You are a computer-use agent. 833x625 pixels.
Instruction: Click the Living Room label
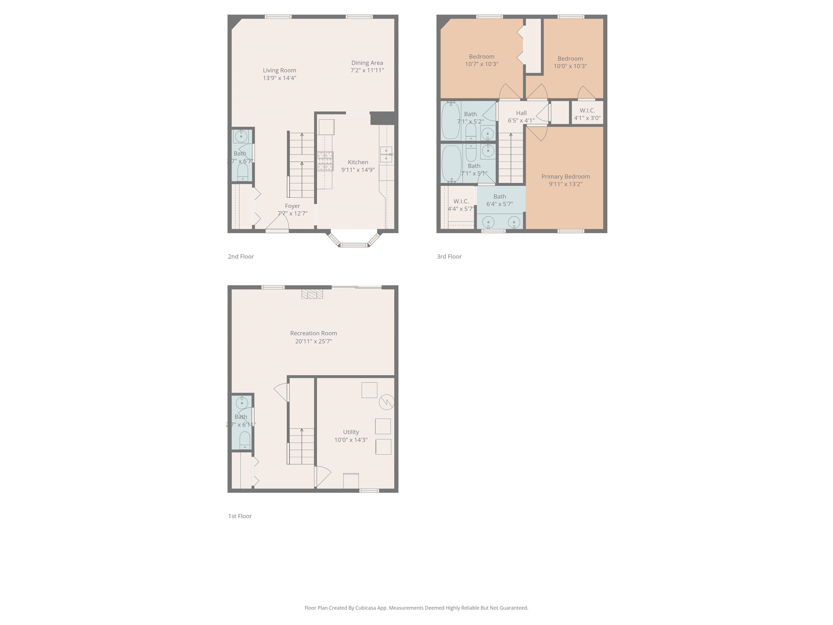(x=279, y=71)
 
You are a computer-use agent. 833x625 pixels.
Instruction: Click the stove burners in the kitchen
(x=325, y=161)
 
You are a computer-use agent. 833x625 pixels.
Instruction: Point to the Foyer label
(x=292, y=206)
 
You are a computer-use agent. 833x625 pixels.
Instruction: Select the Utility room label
(x=351, y=432)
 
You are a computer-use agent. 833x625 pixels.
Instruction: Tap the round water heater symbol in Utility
(x=386, y=402)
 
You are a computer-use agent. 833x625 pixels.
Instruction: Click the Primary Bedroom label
(x=565, y=177)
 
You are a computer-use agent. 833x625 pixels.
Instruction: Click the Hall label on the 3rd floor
(x=521, y=113)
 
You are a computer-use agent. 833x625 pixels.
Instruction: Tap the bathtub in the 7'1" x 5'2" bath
(x=450, y=120)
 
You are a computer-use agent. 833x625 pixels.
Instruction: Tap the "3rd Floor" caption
(x=449, y=257)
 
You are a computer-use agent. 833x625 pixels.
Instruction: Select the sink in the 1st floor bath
(x=242, y=403)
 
